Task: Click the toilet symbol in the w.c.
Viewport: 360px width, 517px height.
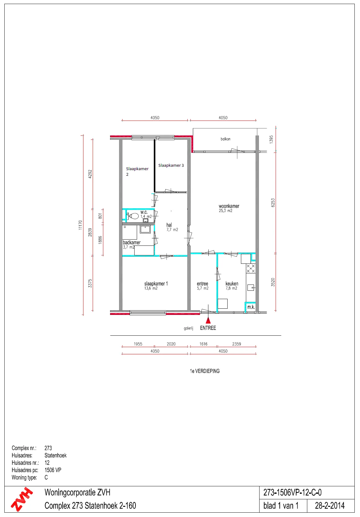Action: [133, 216]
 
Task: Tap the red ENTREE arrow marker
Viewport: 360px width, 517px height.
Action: [208, 320]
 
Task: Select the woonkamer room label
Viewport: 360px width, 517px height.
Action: [229, 206]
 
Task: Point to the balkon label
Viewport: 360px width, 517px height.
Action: [225, 139]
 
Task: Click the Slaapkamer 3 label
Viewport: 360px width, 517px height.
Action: [171, 165]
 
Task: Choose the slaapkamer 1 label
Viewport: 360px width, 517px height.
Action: [156, 284]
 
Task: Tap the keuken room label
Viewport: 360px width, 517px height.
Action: [232, 284]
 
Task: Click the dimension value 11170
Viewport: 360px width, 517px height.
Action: [80, 225]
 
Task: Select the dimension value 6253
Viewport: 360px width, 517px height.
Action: [273, 203]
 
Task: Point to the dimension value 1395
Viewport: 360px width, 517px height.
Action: [271, 139]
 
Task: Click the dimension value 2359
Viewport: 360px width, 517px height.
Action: [237, 344]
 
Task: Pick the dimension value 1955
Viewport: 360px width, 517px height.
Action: [138, 344]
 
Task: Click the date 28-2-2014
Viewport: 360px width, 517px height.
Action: [330, 506]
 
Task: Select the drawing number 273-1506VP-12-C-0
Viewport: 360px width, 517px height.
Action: [292, 493]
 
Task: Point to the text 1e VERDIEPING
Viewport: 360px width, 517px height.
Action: [205, 371]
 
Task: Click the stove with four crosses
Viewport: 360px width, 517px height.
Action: [251, 268]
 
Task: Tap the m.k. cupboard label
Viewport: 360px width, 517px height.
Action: [251, 307]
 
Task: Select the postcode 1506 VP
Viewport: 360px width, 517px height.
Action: [53, 470]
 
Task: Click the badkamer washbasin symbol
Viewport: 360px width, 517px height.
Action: [145, 229]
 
